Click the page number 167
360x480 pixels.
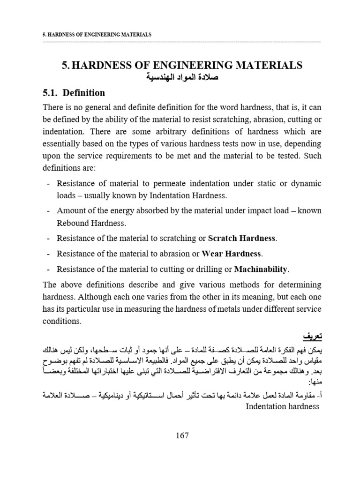coord(182,436)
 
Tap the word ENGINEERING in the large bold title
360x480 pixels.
coord(180,65)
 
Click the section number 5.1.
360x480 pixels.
coord(50,93)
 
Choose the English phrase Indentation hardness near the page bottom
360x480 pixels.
coord(283,406)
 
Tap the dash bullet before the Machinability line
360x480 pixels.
coord(48,269)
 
